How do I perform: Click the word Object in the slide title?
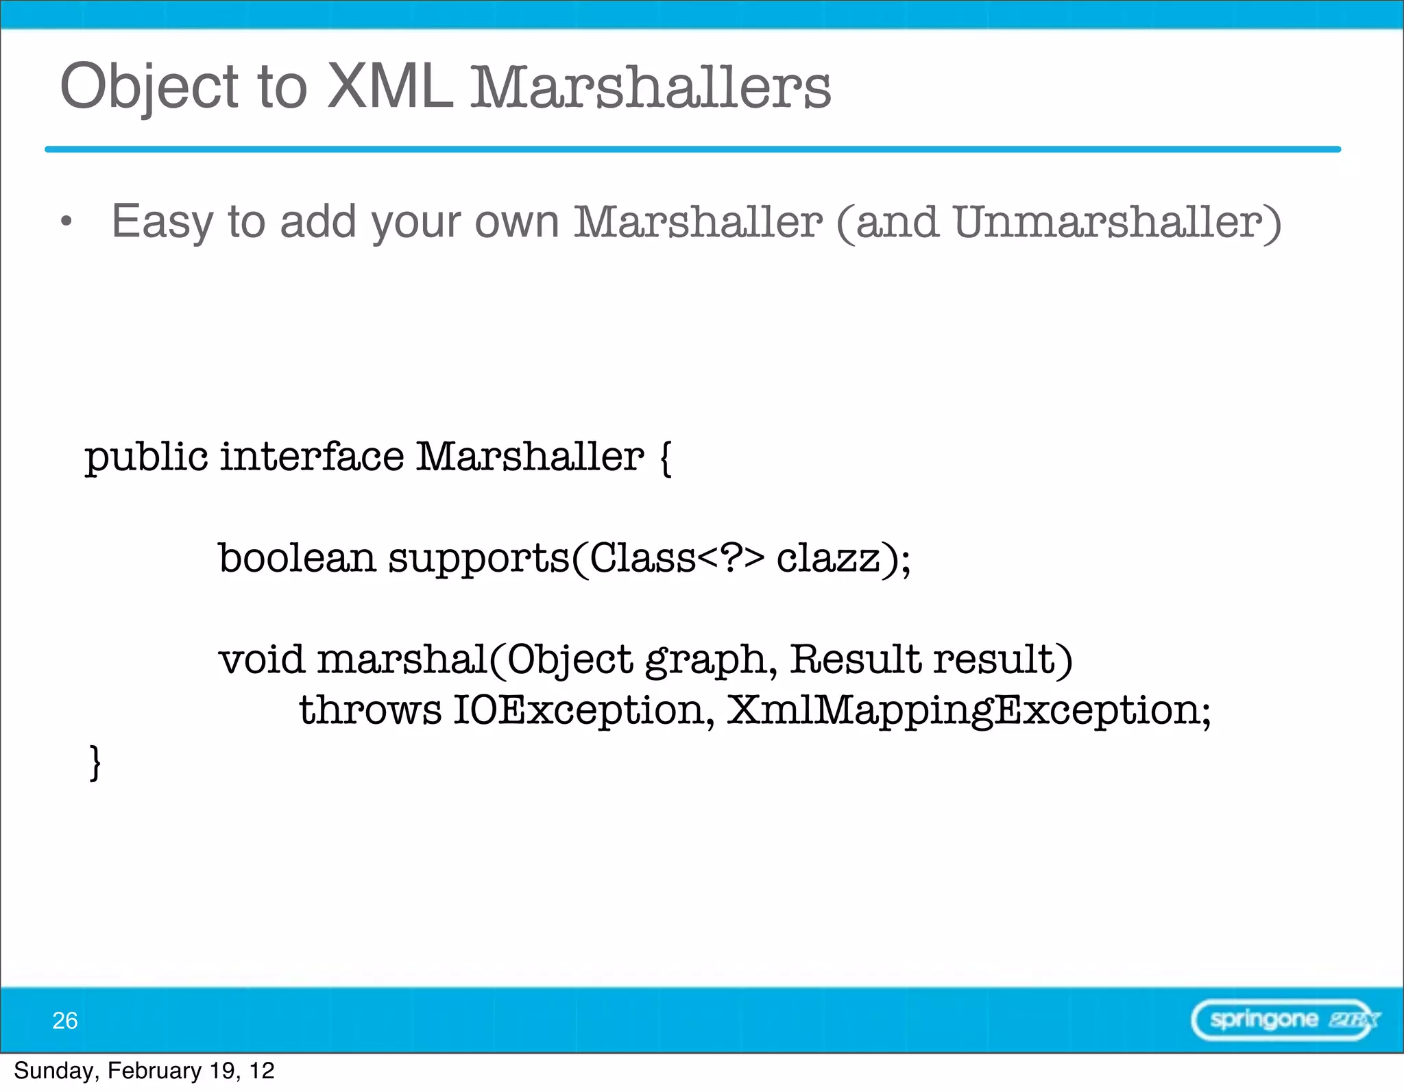149,88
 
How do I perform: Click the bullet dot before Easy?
66,221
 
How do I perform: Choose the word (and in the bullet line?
887,222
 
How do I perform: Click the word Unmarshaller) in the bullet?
1117,222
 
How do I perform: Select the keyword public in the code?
146,457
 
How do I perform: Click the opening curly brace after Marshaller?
665,457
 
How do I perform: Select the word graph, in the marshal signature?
711,660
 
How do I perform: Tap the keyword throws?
370,709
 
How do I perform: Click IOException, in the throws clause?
584,710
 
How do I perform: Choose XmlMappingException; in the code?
968,710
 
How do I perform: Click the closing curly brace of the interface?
95,762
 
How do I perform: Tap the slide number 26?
65,1020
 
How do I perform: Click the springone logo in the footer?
1284,1020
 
